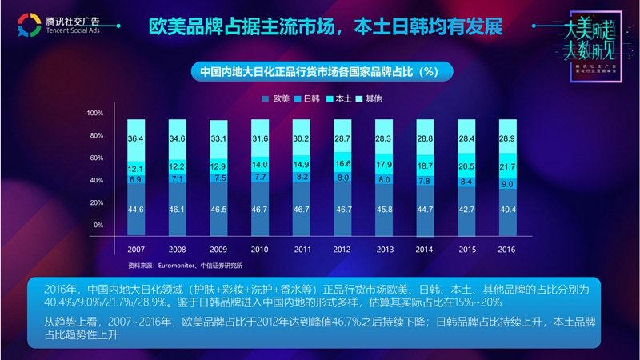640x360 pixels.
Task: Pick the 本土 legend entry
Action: pyautogui.click(x=338, y=99)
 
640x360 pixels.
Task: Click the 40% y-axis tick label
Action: pyautogui.click(x=96, y=181)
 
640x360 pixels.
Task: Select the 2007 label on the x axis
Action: pyautogui.click(x=135, y=248)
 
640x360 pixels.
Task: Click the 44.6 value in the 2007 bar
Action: pyautogui.click(x=135, y=210)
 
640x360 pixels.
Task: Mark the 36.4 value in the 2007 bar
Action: pyautogui.click(x=135, y=139)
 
